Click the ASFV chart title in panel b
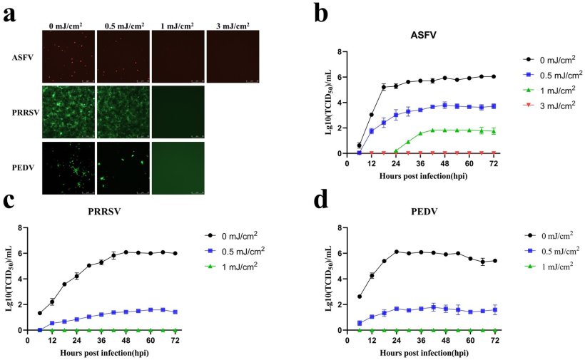tap(424, 34)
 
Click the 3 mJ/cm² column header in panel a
tap(233, 26)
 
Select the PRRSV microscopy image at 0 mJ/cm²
tap(68, 111)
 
